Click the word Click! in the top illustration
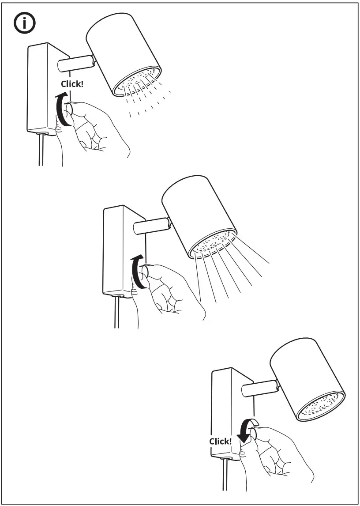(x=71, y=83)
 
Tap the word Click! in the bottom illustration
(x=220, y=441)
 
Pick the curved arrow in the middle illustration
(x=138, y=271)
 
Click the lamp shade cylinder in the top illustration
(x=121, y=49)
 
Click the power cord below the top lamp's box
(x=41, y=150)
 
